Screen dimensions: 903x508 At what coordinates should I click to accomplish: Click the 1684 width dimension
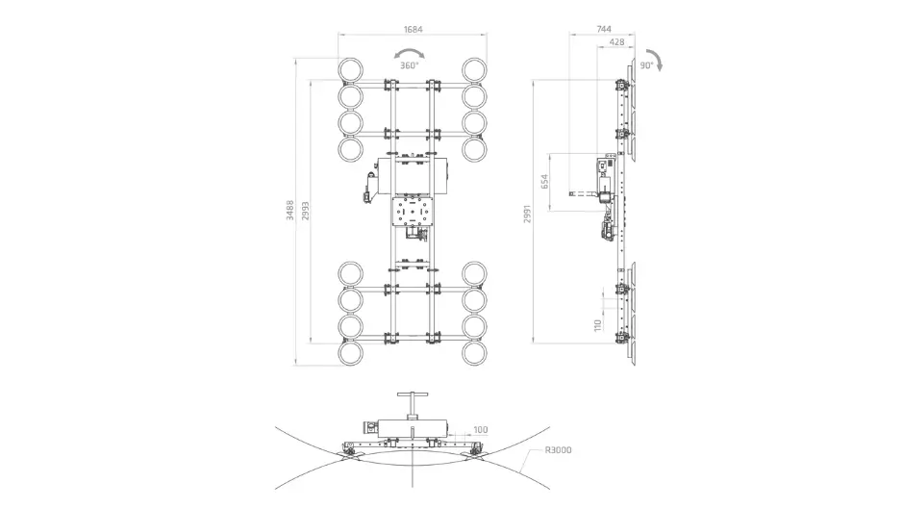413,30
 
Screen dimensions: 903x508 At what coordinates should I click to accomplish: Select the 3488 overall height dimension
290,211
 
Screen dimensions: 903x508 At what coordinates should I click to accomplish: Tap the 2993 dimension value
306,211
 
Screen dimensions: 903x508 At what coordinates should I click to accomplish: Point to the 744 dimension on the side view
604,29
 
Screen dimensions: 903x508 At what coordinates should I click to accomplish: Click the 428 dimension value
616,42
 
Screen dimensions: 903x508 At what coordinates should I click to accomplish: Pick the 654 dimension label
545,182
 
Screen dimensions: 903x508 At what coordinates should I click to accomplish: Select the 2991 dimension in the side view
528,214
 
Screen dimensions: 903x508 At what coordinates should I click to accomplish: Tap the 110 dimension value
598,325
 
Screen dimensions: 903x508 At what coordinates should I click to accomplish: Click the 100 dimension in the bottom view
480,430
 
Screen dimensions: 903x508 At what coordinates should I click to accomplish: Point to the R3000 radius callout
558,450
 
